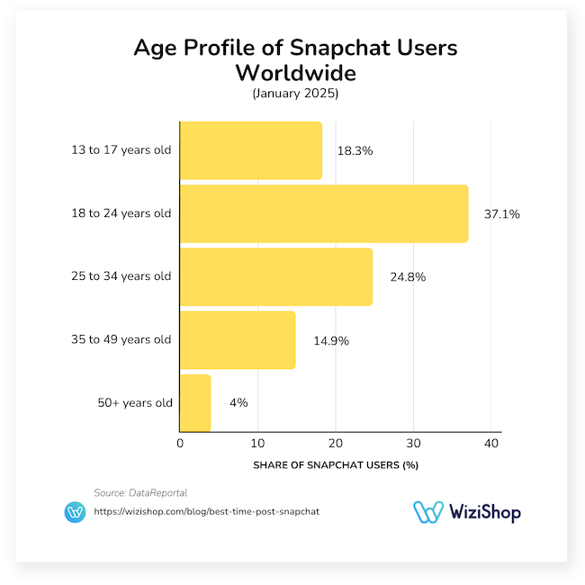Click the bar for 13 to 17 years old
[x=251, y=150]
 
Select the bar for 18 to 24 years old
[x=324, y=213]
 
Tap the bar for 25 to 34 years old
[x=276, y=276]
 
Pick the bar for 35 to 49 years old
[x=238, y=339]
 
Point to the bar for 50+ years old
[x=195, y=402]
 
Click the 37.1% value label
[x=501, y=214]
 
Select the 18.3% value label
[x=355, y=151]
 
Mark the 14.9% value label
[x=330, y=340]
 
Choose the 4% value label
[x=238, y=403]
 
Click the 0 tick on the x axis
[x=180, y=444]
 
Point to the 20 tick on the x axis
[x=336, y=444]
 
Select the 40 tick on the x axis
[x=490, y=444]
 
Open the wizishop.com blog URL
[x=207, y=511]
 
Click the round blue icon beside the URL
[x=75, y=512]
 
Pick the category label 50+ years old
[x=135, y=403]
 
